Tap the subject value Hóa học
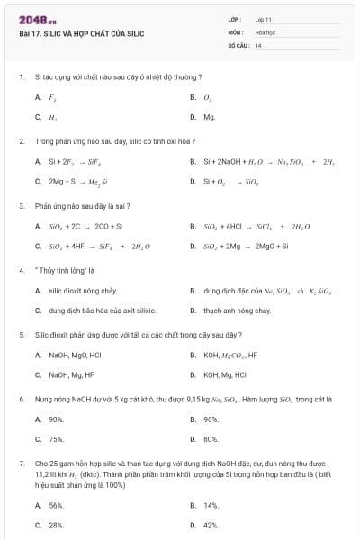coord(265,31)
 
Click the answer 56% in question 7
coord(57,505)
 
